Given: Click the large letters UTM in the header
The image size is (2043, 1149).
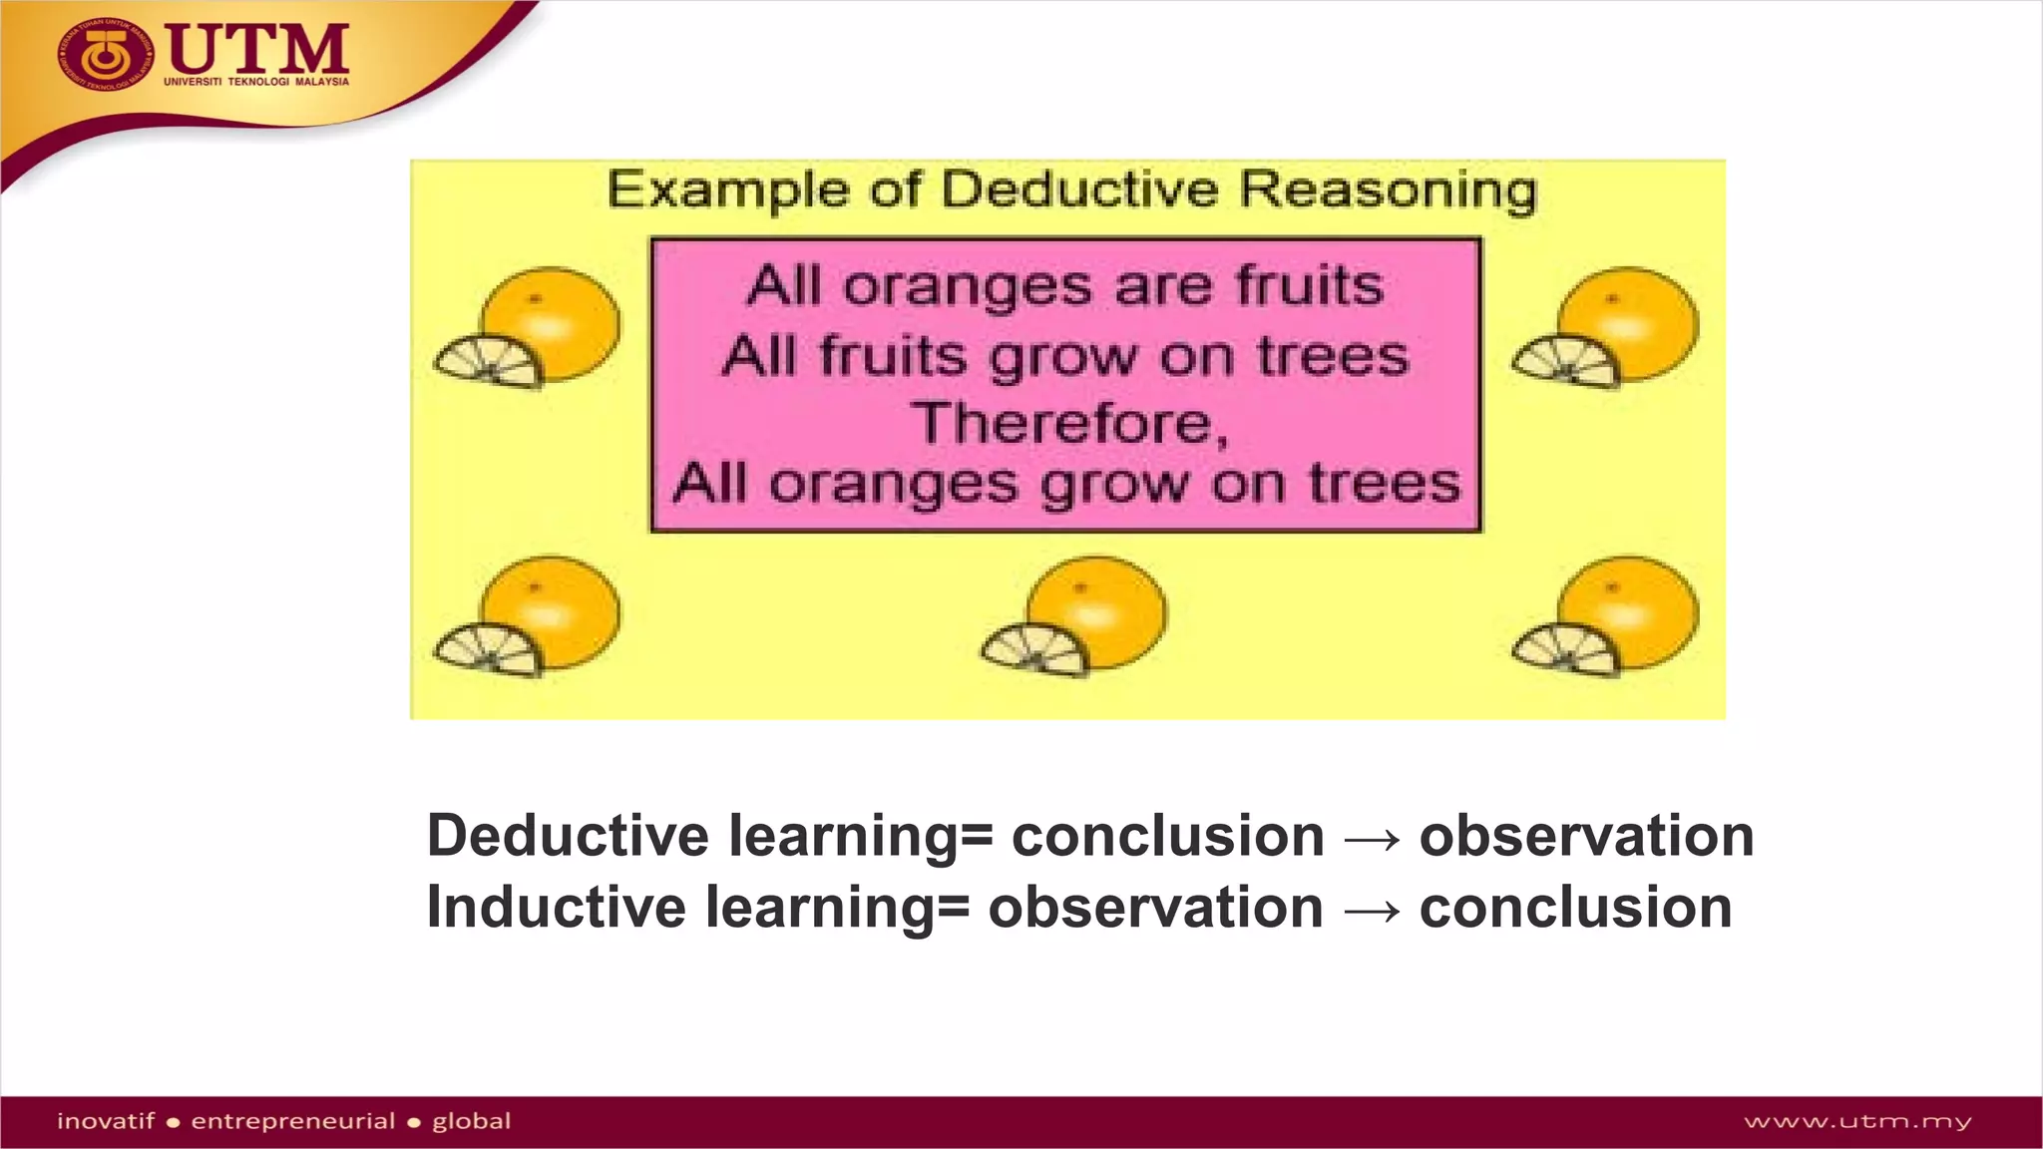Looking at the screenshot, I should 257,48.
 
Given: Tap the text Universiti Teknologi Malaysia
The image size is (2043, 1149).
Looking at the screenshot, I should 256,82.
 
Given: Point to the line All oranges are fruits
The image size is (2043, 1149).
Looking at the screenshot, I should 1064,286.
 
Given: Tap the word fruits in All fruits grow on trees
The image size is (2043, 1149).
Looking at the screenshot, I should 893,356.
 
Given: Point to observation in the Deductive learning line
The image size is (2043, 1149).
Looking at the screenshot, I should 1586,836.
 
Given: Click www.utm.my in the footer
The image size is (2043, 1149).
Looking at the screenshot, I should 1857,1122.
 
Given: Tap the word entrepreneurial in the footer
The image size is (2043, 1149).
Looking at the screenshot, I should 292,1122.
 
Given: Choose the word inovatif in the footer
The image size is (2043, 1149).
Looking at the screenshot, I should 106,1121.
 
